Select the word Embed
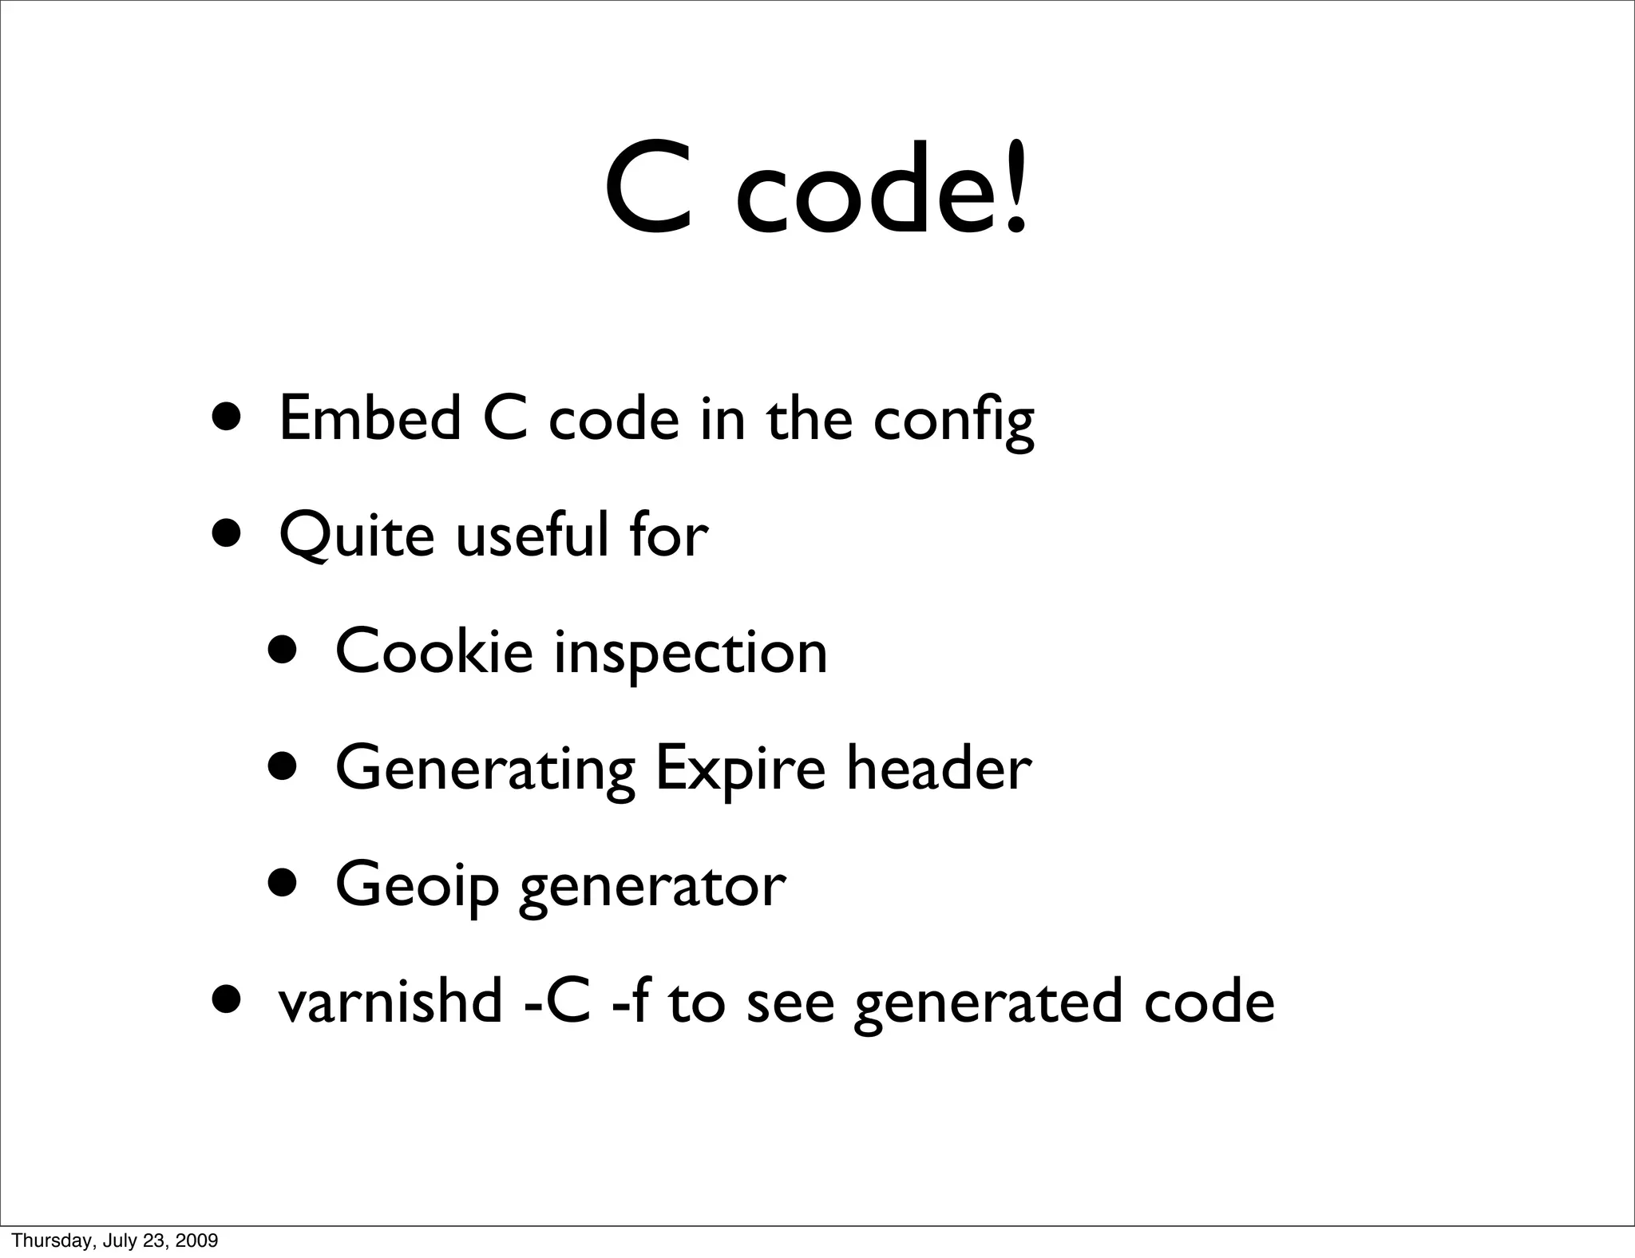pyautogui.click(x=370, y=418)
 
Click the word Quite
pyautogui.click(x=357, y=536)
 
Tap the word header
pyautogui.click(x=938, y=768)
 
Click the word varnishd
pyautogui.click(x=390, y=1001)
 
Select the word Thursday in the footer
pyautogui.click(x=42, y=1240)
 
